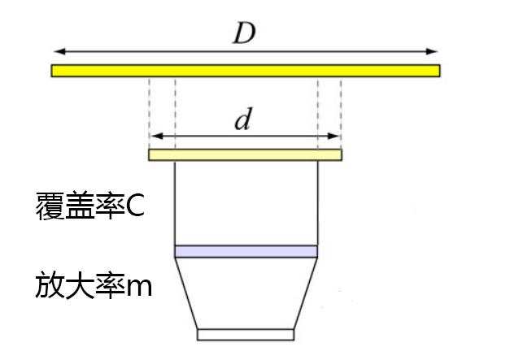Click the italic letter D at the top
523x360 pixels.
[245, 33]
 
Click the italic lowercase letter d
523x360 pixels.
[242, 119]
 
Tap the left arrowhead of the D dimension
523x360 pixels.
[59, 51]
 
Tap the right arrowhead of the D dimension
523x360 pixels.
[432, 51]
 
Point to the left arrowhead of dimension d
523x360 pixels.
[157, 136]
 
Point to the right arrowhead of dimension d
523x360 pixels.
[333, 136]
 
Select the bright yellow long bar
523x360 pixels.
[246, 71]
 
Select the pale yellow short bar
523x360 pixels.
[245, 155]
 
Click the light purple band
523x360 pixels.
[246, 251]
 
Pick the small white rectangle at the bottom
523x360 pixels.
[246, 335]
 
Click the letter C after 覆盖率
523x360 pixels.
[135, 206]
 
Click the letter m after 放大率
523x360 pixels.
[139, 288]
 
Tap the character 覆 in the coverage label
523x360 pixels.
[50, 206]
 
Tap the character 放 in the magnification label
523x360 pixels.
[50, 285]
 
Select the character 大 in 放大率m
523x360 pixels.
[80, 285]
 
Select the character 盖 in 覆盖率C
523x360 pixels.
[80, 206]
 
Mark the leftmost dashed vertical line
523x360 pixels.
[149, 114]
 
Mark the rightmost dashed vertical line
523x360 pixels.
[341, 114]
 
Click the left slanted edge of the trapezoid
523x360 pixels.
[186, 293]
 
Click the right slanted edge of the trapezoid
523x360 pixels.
[306, 293]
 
